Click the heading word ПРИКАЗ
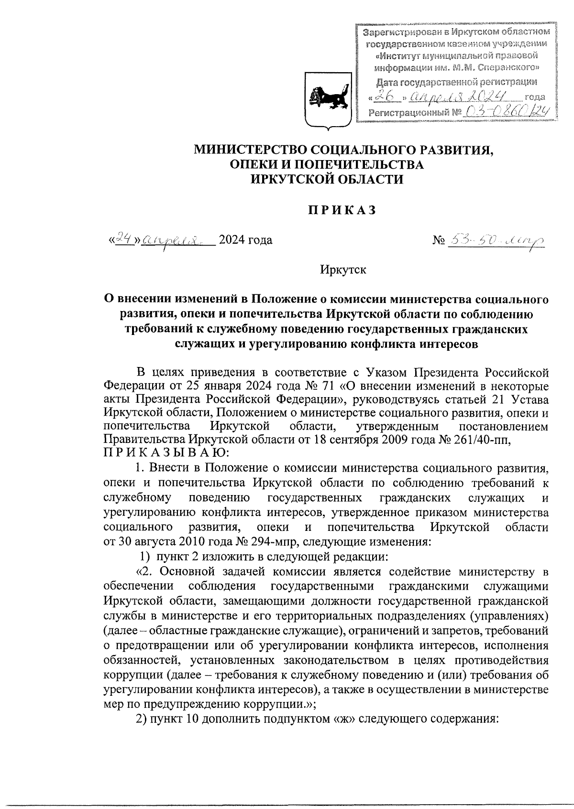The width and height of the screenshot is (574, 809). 341,210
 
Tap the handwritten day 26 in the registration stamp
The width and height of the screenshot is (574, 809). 383,97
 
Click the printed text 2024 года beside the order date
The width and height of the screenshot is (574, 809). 245,239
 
